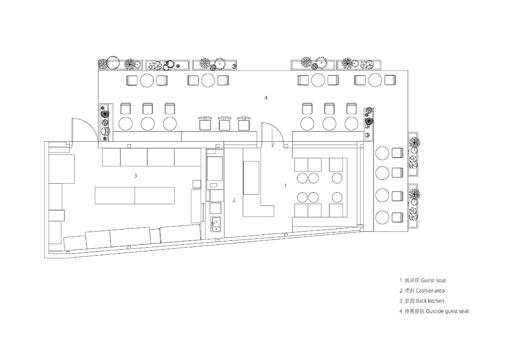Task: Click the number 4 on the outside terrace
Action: point(266,98)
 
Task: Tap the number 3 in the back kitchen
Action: point(136,175)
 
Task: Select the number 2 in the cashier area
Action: point(234,200)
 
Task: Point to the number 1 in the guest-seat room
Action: point(286,186)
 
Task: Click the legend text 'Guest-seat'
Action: point(433,280)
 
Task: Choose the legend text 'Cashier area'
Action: point(430,291)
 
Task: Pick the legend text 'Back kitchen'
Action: point(430,301)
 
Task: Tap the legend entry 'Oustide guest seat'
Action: point(447,311)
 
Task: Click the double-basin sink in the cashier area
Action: point(216,224)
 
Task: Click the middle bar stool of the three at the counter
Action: point(225,124)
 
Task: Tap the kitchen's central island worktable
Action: point(135,195)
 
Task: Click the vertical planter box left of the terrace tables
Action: point(106,123)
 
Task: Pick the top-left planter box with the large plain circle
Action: point(120,64)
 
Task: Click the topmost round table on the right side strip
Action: point(382,153)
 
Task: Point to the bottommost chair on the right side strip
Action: point(398,218)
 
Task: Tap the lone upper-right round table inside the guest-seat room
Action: point(337,178)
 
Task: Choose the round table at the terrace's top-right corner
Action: point(375,80)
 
